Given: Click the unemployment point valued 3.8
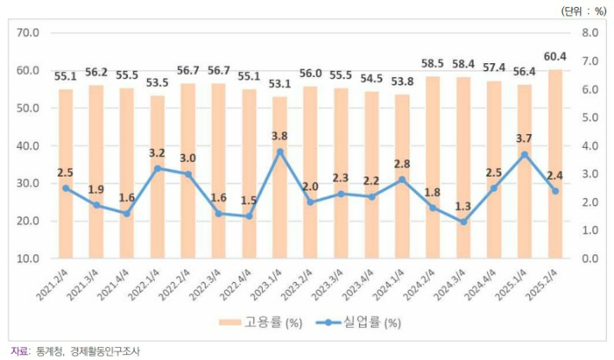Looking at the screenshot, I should click(280, 151).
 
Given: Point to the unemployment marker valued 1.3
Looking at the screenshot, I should click(463, 222).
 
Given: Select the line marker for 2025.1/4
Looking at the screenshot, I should click(524, 154).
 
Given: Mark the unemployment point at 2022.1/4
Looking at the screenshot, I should click(157, 168).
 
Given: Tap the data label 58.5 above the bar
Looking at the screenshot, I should click(432, 64).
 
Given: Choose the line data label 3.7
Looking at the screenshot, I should click(524, 138).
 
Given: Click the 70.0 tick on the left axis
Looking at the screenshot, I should click(29, 33).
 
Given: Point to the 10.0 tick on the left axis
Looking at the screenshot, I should click(29, 259).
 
